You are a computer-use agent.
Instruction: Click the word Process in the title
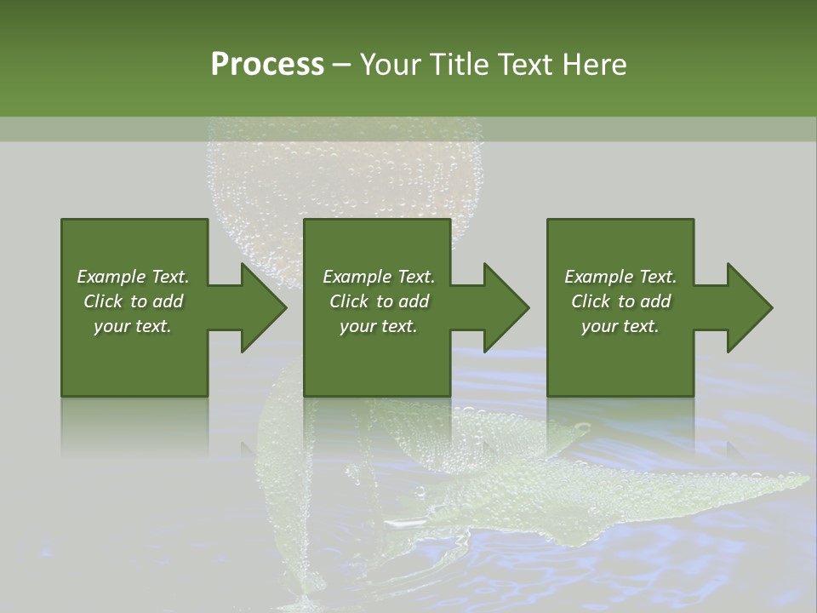(x=267, y=65)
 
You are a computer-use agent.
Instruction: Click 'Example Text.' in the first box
(x=133, y=277)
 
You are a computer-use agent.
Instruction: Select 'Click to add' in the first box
(x=133, y=301)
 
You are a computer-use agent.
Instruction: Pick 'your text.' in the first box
(x=133, y=326)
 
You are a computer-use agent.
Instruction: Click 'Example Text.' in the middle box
(x=378, y=277)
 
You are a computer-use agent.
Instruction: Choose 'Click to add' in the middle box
(x=378, y=301)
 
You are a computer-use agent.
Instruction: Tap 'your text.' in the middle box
(x=378, y=326)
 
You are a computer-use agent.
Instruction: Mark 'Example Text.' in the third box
(x=620, y=277)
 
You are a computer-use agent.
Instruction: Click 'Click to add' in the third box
(x=620, y=301)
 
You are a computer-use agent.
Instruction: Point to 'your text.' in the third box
(x=620, y=326)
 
